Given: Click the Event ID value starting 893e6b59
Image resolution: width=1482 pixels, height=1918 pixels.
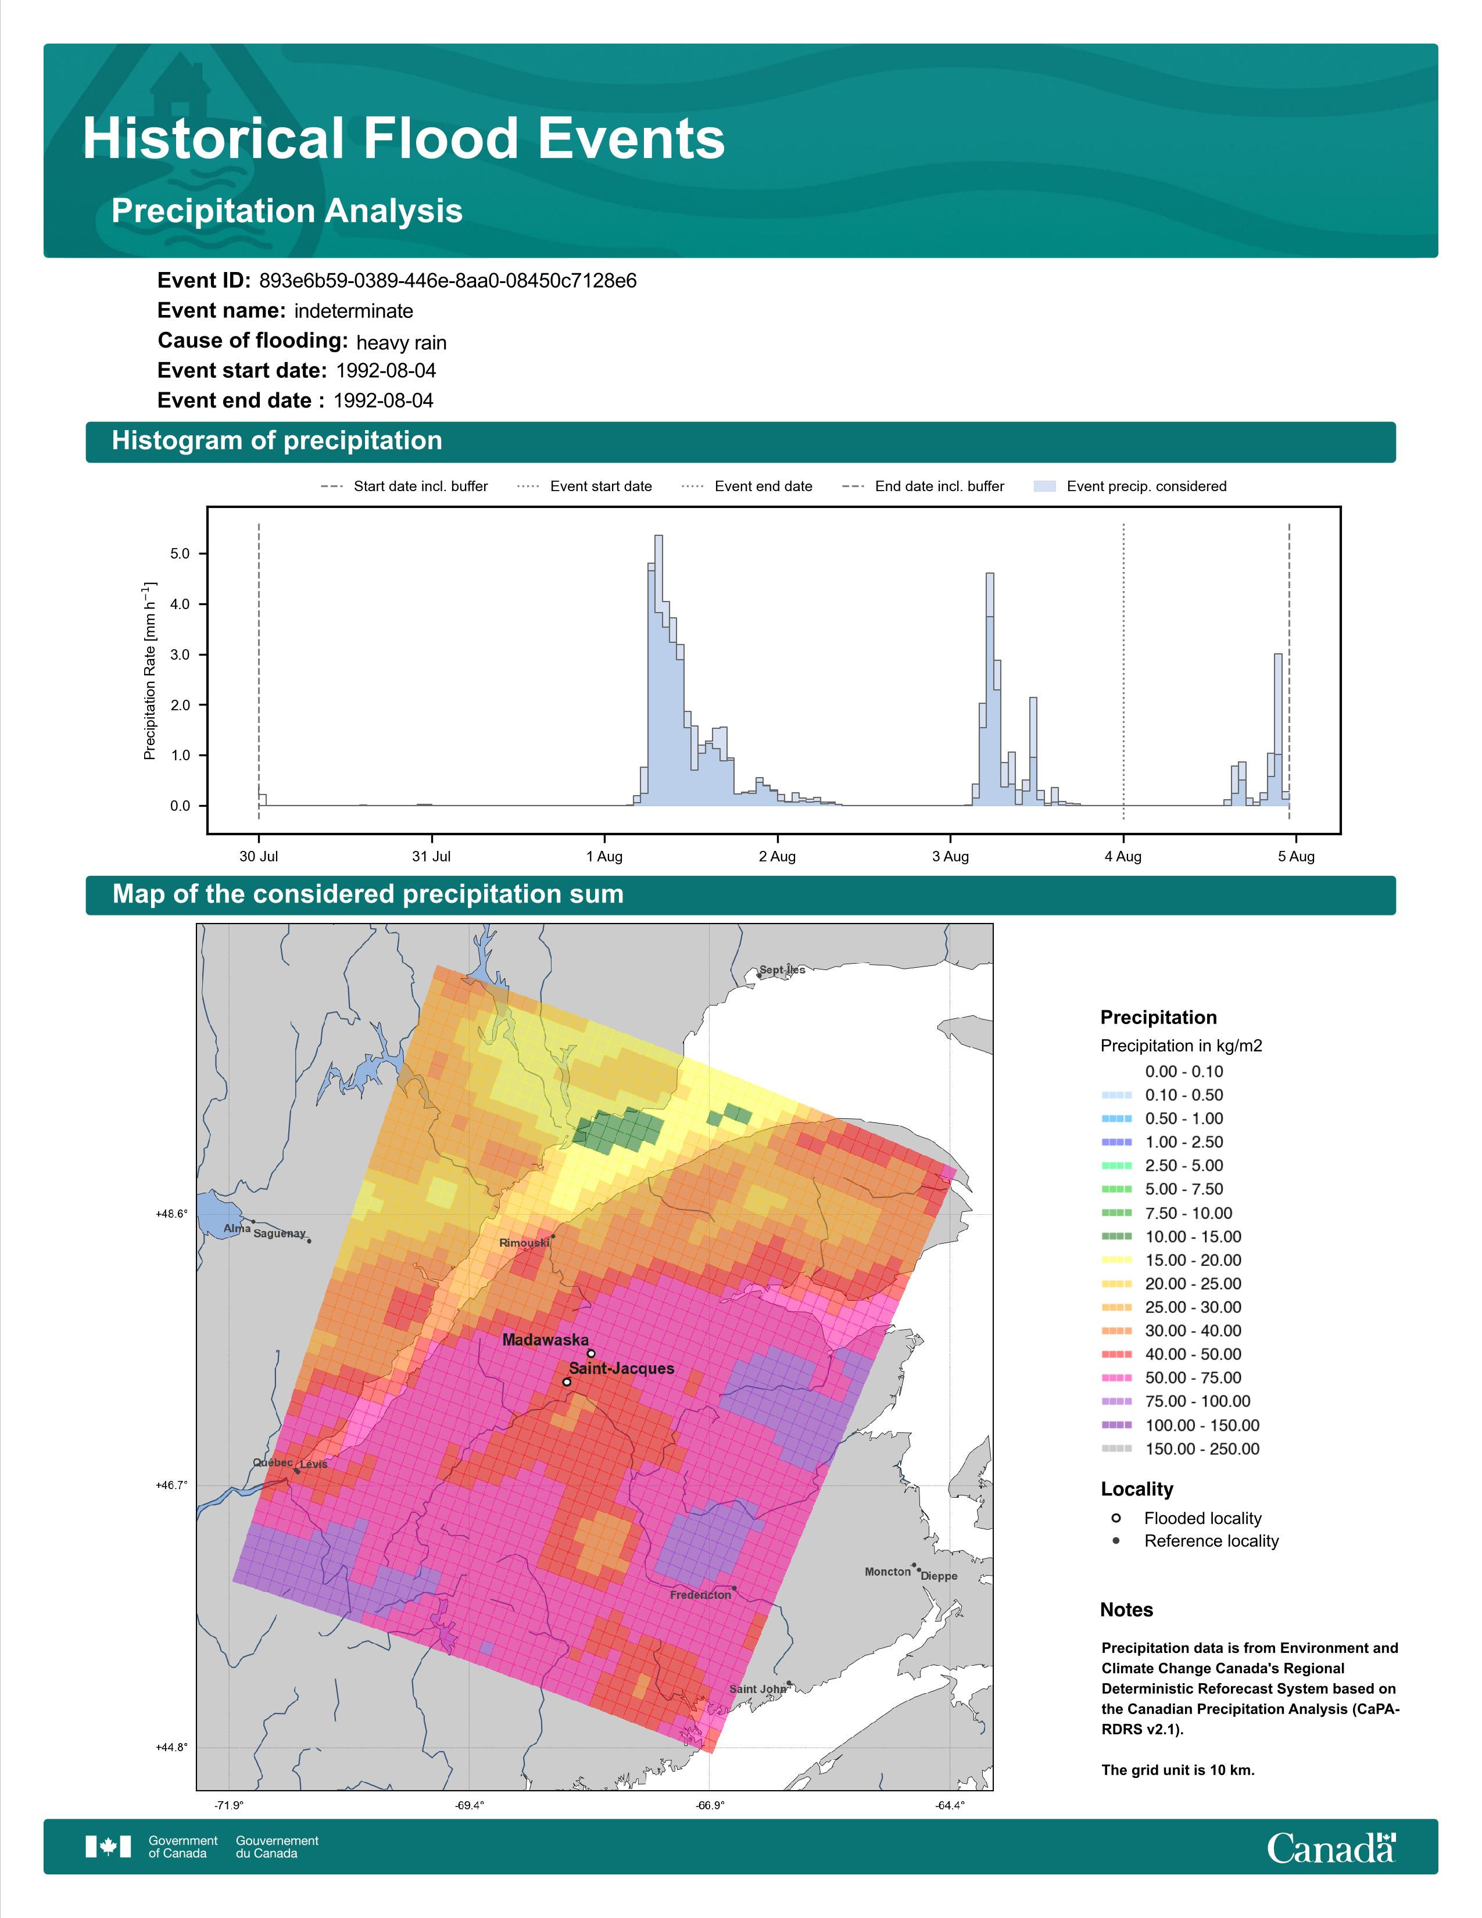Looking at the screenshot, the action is (x=448, y=281).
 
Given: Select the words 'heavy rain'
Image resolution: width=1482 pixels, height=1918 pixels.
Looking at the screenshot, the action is (x=401, y=342).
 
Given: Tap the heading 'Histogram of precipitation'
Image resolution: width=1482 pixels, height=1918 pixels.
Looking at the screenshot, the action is (x=277, y=441).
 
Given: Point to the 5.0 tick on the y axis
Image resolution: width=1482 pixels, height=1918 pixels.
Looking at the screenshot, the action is (x=180, y=554).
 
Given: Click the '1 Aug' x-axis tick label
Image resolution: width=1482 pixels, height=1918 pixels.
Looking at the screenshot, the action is (x=604, y=856).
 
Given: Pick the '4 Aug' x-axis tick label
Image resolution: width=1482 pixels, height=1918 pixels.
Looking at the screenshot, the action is (x=1123, y=856).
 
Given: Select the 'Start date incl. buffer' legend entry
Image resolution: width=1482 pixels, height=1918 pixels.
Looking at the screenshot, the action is (x=404, y=486).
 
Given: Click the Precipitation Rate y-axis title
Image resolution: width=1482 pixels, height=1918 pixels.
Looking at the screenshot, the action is (x=149, y=670).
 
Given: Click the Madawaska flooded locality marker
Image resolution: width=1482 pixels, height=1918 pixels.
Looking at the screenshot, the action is (x=591, y=1353).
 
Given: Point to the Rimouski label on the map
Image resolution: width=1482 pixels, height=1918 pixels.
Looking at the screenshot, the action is (x=524, y=1243).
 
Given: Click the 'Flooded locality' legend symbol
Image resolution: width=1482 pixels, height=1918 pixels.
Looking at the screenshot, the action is (x=1116, y=1518).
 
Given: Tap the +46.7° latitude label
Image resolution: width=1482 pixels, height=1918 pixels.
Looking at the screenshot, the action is (x=171, y=1485).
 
